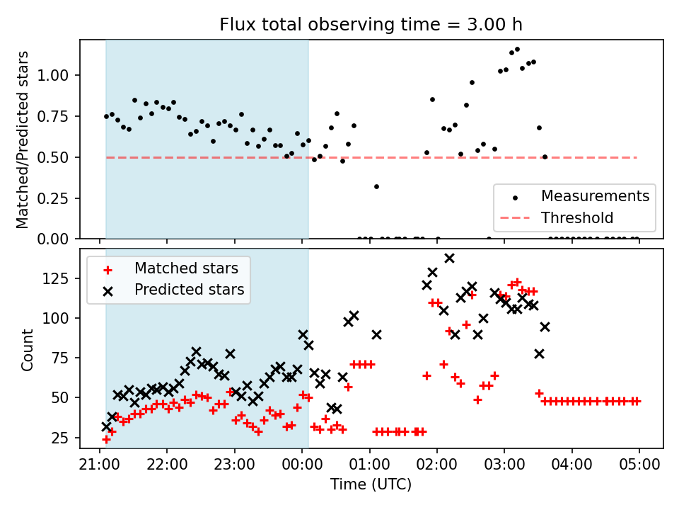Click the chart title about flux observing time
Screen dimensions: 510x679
pyautogui.click(x=371, y=25)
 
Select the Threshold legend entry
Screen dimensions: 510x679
pyautogui.click(x=577, y=217)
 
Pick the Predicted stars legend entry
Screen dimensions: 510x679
pyautogui.click(x=189, y=290)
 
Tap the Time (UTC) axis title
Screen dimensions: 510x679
pyautogui.click(x=371, y=485)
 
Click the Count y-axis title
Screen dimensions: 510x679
pyautogui.click(x=28, y=349)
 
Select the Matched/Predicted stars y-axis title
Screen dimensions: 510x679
pyautogui.click(x=23, y=140)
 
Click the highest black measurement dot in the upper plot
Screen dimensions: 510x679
pyautogui.click(x=517, y=50)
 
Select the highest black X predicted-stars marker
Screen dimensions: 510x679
pyautogui.click(x=449, y=258)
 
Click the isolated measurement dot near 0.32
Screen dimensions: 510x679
pyautogui.click(x=376, y=186)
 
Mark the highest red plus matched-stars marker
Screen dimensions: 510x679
pyautogui.click(x=517, y=283)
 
